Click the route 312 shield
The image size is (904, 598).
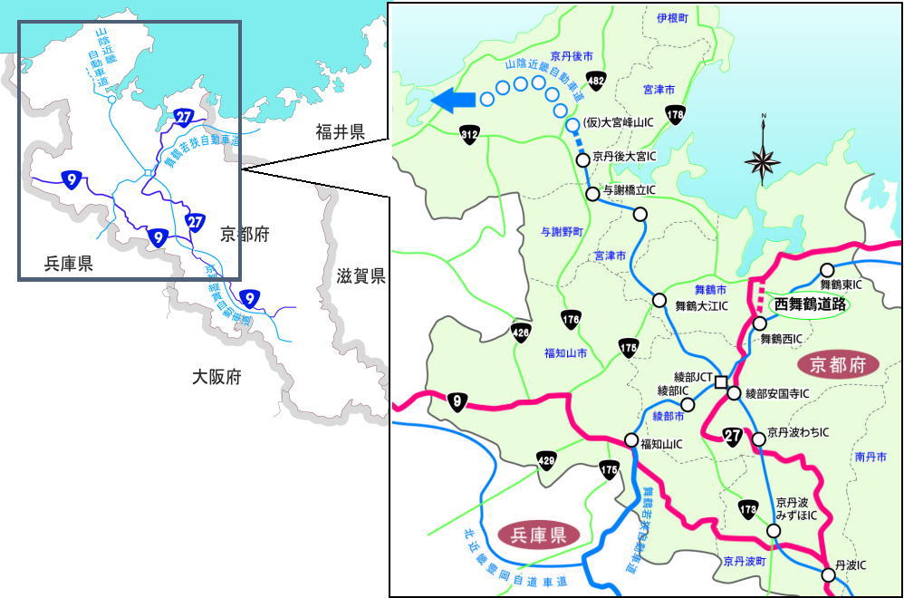pos(468,134)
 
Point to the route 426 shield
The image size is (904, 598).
pos(521,331)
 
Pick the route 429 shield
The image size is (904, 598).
pos(545,459)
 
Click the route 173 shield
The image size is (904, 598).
pos(747,509)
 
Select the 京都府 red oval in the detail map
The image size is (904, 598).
pos(839,365)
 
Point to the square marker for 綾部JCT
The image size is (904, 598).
pos(720,381)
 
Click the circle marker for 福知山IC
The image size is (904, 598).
pos(631,439)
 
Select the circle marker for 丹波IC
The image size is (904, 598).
pos(828,574)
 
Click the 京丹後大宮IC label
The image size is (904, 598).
pos(624,157)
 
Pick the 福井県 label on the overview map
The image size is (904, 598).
pos(340,133)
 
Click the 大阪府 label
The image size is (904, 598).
pos(216,376)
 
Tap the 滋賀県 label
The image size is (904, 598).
pos(361,276)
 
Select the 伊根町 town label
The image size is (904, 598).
pos(673,18)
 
